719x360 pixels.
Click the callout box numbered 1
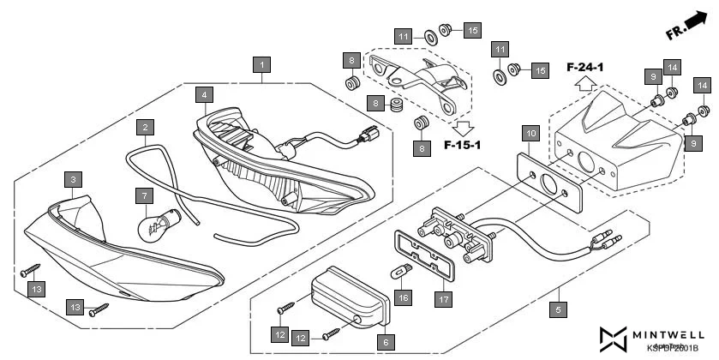tap(262, 64)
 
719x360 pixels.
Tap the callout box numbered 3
tap(75, 179)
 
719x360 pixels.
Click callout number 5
tap(560, 309)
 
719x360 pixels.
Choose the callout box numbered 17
tap(443, 299)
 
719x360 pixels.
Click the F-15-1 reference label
tap(464, 145)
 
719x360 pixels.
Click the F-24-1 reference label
tap(585, 66)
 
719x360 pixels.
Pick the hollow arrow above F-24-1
tap(585, 84)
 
